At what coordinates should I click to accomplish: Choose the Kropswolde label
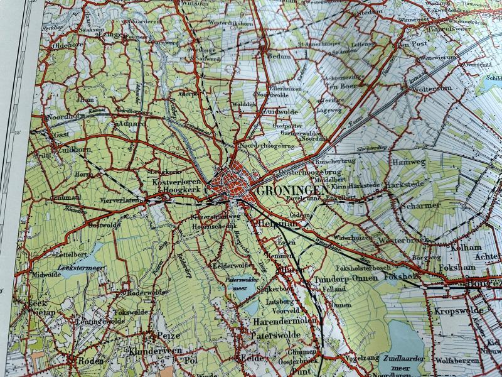tap(460, 311)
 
